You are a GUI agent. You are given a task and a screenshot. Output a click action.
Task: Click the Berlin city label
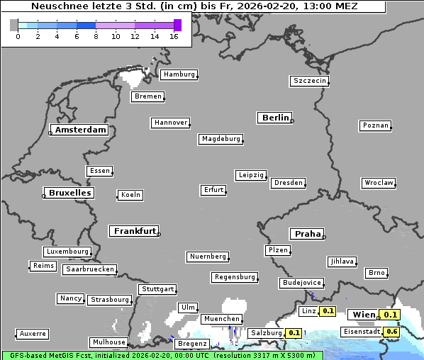coord(275,118)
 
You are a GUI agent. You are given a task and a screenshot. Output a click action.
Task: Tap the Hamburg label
coord(178,74)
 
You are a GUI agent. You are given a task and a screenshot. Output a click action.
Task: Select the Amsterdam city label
coord(80,130)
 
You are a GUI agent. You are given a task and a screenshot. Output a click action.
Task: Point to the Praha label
coord(307,234)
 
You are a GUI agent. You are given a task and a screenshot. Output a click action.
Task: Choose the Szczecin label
coord(310,81)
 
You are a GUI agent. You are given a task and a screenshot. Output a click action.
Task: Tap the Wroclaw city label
coord(379,183)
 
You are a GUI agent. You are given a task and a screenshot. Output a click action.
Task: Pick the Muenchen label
coord(221,319)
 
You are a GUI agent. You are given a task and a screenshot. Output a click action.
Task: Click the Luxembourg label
coord(67,252)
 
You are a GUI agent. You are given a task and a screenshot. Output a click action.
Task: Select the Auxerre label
coord(33,333)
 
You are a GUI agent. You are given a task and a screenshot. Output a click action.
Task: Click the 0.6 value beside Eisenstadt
coord(391,332)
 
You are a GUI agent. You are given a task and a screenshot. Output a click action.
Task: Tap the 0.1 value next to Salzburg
coord(294,333)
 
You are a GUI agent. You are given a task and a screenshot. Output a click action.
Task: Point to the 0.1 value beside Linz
coord(328,311)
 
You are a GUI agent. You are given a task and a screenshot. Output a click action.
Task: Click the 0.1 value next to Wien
coord(391,315)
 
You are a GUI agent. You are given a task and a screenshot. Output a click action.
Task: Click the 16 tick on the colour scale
coord(174,35)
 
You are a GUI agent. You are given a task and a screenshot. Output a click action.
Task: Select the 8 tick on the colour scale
coord(96,35)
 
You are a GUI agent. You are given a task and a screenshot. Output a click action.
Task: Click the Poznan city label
coord(375,125)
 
